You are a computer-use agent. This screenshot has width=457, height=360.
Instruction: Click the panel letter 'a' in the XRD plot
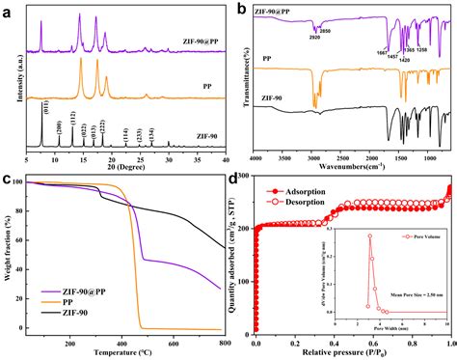coord(8,9)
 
